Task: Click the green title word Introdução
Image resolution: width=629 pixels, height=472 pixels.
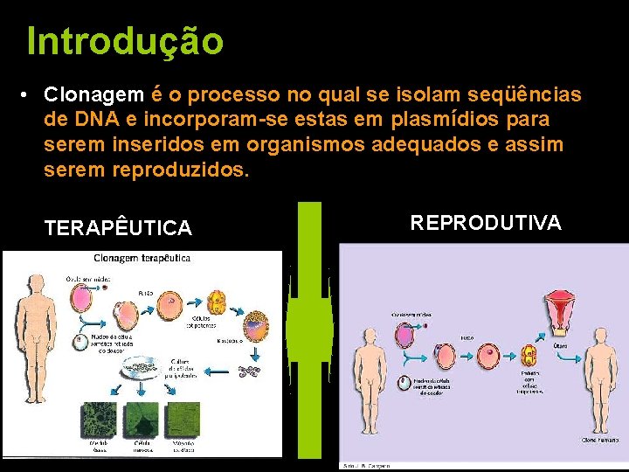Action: coord(125,41)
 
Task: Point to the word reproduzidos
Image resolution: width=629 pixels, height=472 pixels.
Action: coord(181,170)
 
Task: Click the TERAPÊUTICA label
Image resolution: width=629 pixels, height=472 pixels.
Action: coord(118,229)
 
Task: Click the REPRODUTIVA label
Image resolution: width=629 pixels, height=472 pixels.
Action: coord(486,223)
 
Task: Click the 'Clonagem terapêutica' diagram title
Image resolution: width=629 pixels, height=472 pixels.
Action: coord(142,259)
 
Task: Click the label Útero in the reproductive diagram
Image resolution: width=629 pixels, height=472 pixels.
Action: coord(561,345)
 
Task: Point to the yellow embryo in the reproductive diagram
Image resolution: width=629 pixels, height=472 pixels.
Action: coord(528,356)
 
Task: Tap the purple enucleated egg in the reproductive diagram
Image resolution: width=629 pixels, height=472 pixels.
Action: coord(404,333)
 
